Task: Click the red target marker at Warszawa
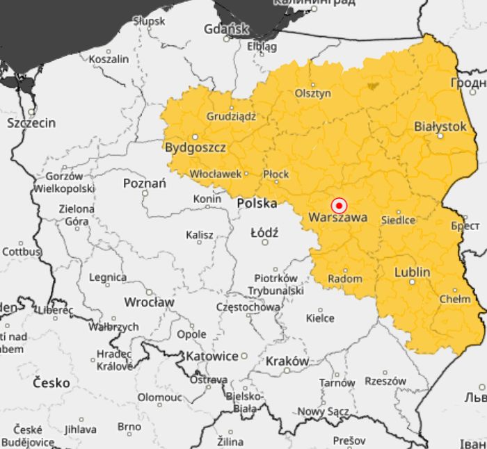339,206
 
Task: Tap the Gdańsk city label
226,29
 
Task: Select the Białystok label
440,126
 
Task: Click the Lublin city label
412,272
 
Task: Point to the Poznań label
144,183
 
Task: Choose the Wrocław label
149,302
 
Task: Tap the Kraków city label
287,361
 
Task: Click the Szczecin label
31,123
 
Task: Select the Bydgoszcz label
195,147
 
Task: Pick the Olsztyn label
313,93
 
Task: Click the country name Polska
257,203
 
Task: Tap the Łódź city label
264,232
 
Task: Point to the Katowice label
212,356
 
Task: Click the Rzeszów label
385,381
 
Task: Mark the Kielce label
320,318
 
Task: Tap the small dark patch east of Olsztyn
373,86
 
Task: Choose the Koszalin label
109,59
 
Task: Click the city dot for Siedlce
399,212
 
